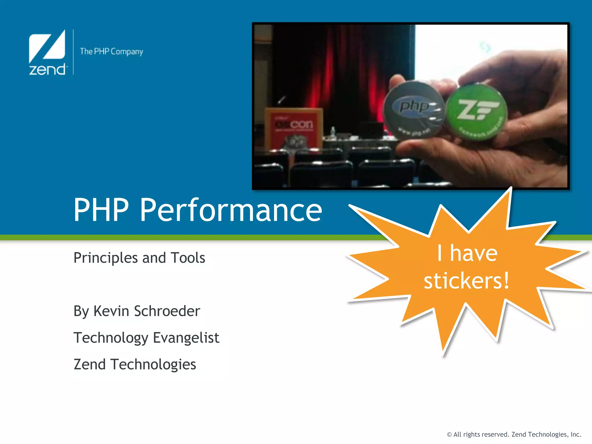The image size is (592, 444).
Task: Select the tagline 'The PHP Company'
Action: (111, 51)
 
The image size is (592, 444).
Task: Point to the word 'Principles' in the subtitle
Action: (106, 258)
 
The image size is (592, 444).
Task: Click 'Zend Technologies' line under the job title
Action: (135, 364)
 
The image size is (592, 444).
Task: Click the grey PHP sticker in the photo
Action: (413, 110)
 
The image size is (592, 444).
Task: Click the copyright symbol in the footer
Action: (449, 434)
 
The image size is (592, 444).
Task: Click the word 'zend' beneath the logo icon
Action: (47, 70)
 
